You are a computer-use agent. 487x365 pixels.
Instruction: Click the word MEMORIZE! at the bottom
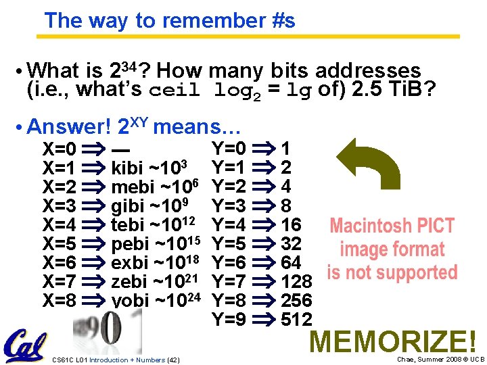(x=393, y=341)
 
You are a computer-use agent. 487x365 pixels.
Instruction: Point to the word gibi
(x=128, y=205)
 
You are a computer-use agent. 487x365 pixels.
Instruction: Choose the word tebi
(x=128, y=224)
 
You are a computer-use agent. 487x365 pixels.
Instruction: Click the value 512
(x=296, y=319)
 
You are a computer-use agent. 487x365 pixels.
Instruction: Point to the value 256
(x=296, y=300)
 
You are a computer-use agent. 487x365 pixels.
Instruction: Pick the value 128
(x=296, y=281)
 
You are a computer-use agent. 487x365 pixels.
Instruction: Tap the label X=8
(x=60, y=300)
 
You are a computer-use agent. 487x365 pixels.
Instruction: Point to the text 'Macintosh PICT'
(x=392, y=226)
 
